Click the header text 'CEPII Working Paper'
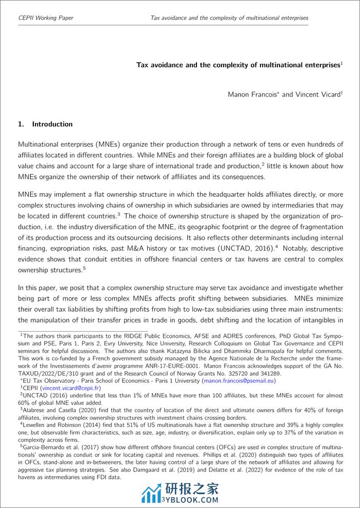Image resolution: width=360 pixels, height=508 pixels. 46,18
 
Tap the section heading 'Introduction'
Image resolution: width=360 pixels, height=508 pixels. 52,124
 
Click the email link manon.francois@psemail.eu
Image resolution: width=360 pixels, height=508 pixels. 239,381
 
